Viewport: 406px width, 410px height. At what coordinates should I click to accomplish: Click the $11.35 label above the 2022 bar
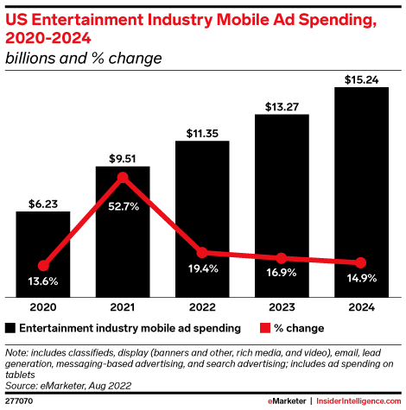coord(202,133)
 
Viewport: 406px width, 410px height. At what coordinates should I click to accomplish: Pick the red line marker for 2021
coord(123,178)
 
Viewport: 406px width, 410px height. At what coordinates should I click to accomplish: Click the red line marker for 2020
coord(43,266)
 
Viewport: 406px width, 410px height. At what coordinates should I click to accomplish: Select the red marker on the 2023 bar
coord(282,258)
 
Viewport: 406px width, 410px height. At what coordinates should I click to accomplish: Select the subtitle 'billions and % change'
coord(83,59)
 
